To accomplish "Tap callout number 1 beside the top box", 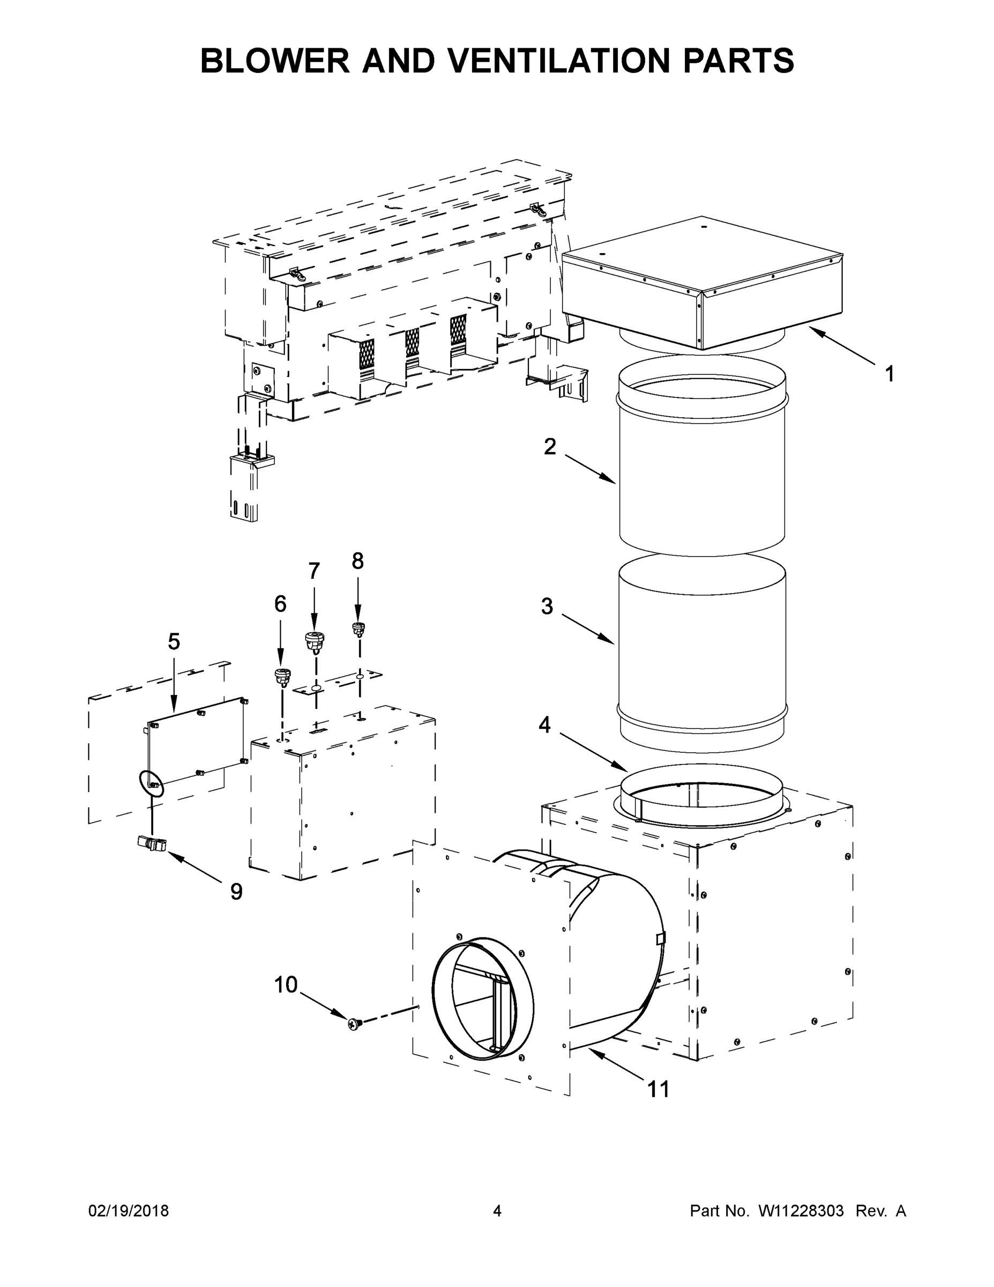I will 890,374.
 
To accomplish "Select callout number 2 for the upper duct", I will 549,447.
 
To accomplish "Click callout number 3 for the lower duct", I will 547,606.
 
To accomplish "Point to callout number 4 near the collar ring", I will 545,725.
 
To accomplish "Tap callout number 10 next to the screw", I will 286,985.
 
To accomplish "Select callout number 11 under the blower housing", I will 659,1090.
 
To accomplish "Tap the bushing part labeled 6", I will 282,678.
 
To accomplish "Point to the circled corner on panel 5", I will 150,784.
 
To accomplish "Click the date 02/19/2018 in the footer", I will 129,1210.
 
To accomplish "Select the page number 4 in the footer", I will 497,1210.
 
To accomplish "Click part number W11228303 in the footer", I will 801,1210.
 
